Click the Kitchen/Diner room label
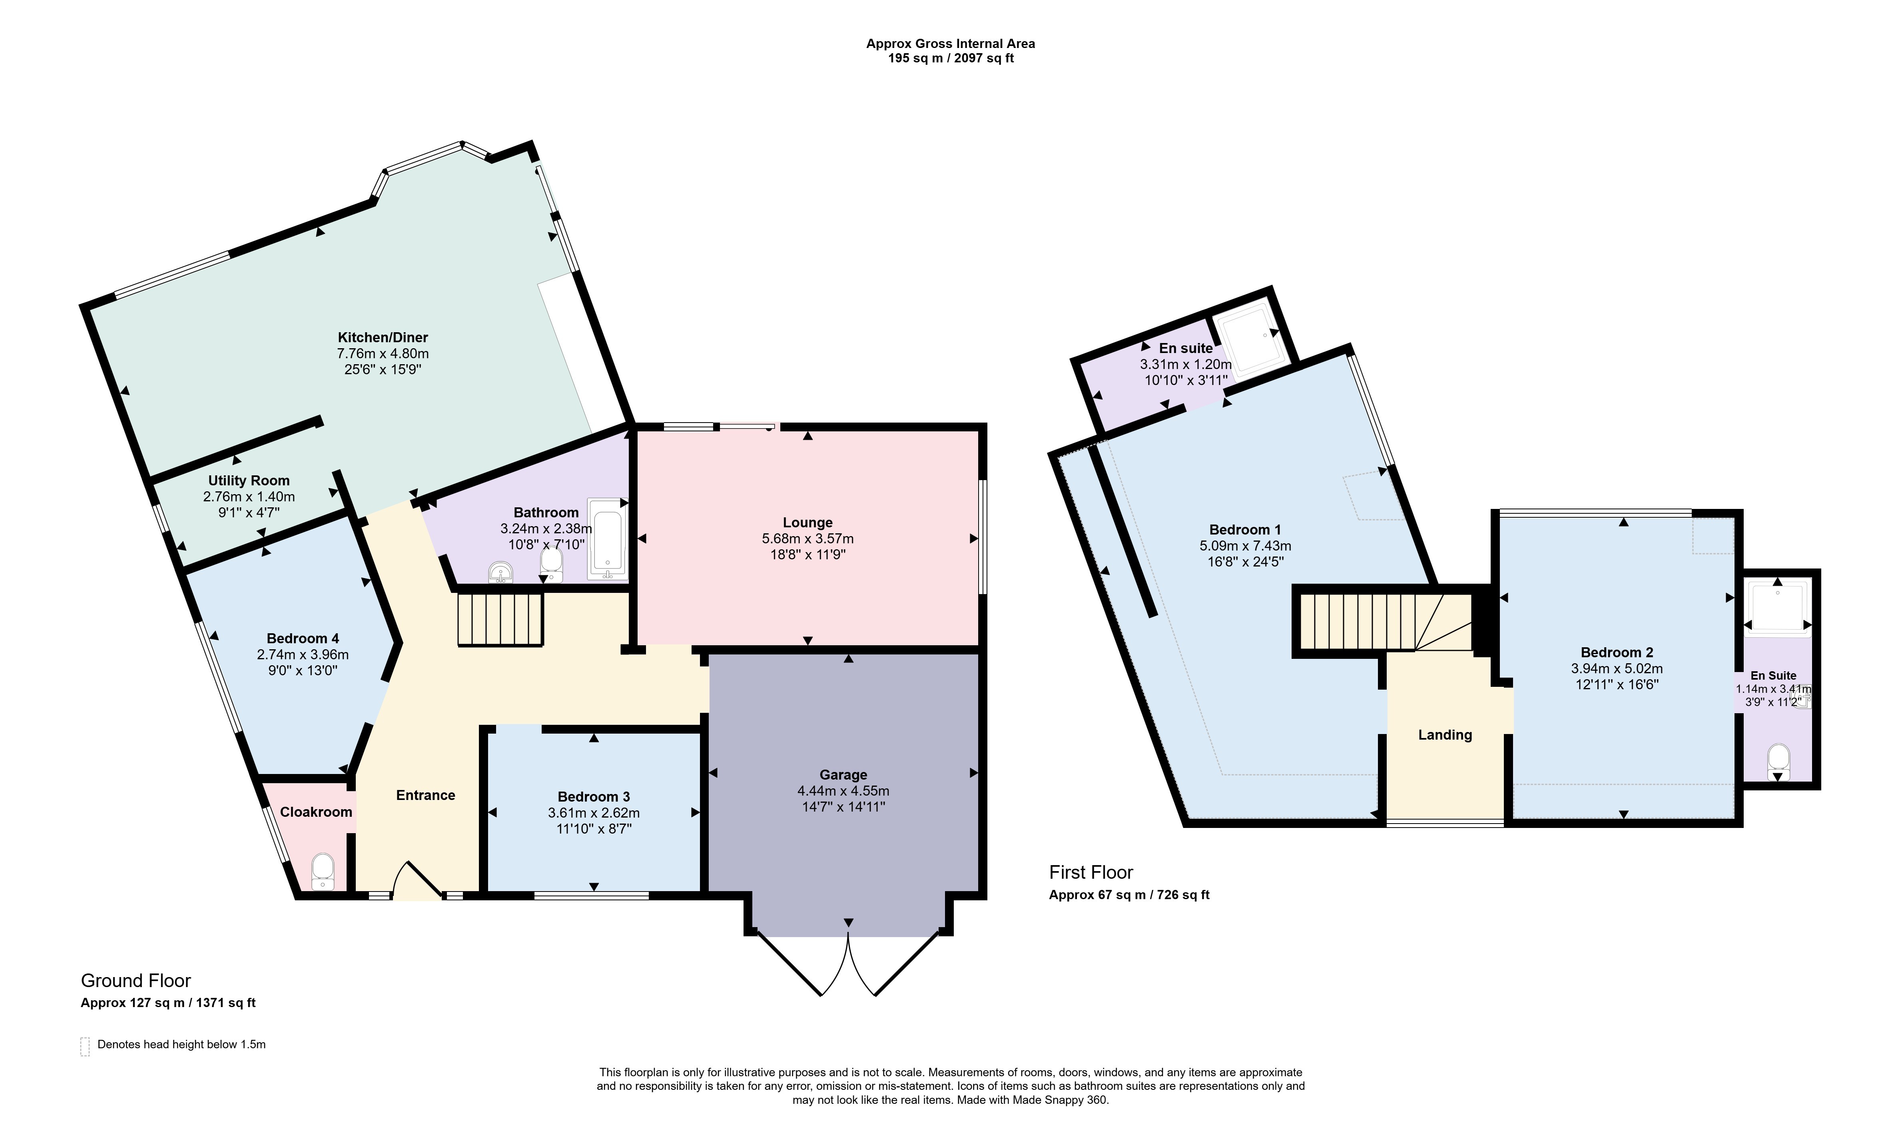[383, 337]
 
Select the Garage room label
[843, 775]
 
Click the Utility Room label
[249, 481]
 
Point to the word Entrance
[426, 795]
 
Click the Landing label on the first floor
[1445, 734]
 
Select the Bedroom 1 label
[1245, 530]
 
